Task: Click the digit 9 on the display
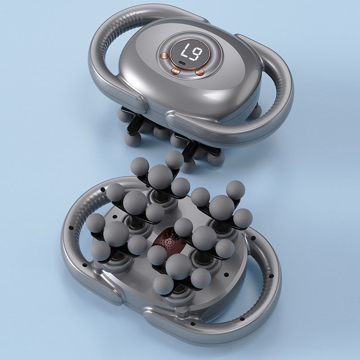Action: [x=196, y=55]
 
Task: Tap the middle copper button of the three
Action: [x=176, y=71]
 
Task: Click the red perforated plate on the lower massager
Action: [x=169, y=243]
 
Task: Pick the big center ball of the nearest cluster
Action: [x=178, y=266]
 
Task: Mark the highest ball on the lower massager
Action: [x=174, y=159]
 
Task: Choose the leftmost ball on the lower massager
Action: [x=95, y=223]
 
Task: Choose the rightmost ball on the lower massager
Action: [x=243, y=218]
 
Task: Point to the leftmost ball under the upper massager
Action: [x=125, y=115]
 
